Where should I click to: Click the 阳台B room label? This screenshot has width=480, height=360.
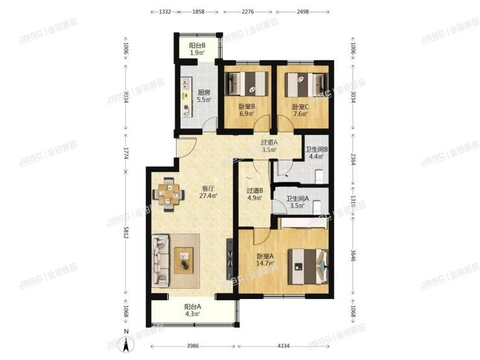click(197, 45)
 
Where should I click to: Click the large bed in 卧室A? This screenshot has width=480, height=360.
click(304, 265)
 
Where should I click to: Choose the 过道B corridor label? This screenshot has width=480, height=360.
click(254, 191)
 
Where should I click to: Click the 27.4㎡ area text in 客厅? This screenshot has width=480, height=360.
click(208, 195)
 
